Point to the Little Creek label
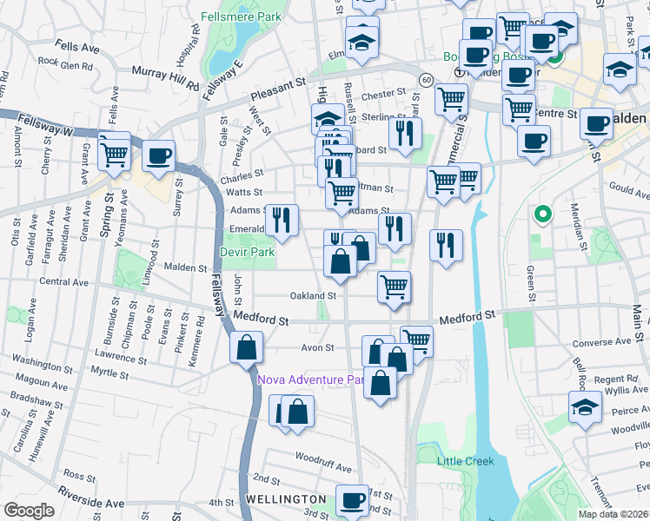click(464, 461)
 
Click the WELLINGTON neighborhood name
click(285, 500)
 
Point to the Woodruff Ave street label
click(322, 457)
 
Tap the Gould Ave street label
click(630, 187)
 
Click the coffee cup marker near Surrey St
click(158, 156)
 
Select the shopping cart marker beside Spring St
click(115, 155)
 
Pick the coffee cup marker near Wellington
click(353, 500)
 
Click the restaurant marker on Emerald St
click(282, 221)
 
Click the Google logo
click(29, 510)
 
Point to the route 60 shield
click(425, 79)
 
